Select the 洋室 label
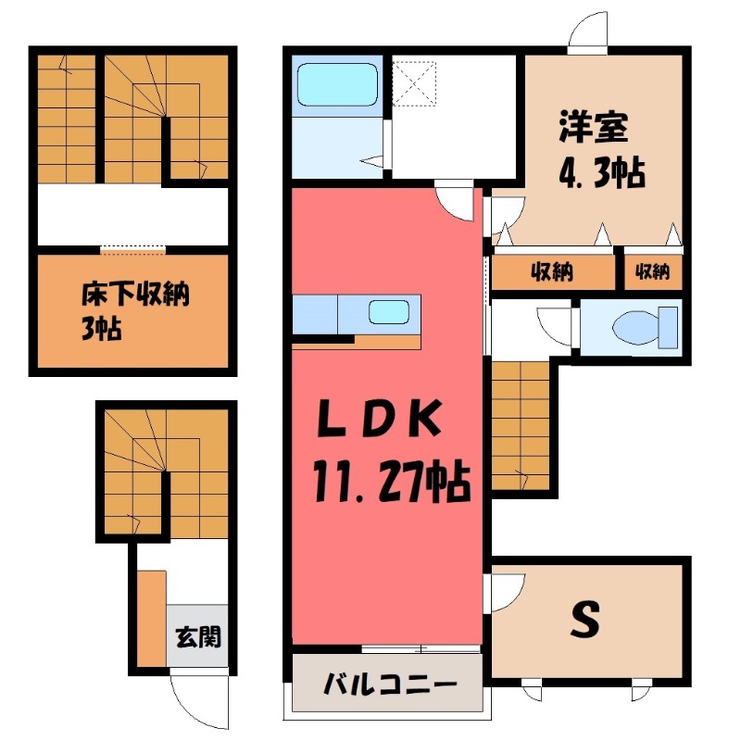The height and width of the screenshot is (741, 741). point(593,128)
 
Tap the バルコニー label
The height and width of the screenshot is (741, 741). point(389,686)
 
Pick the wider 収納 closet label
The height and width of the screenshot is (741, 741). point(552,271)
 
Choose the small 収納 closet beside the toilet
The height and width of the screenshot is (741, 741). point(652,271)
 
